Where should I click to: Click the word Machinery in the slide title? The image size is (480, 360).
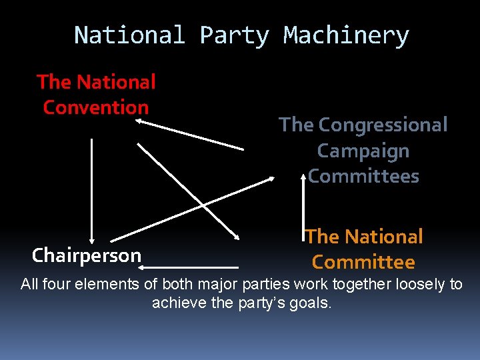[346, 35]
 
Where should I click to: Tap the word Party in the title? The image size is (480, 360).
[234, 35]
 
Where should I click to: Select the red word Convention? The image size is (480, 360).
[95, 107]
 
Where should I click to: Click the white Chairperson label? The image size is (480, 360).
[87, 255]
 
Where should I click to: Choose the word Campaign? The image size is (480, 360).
[363, 151]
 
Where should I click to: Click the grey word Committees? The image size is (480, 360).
[363, 176]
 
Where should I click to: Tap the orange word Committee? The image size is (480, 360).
[363, 262]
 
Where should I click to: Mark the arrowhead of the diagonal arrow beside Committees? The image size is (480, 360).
[271, 178]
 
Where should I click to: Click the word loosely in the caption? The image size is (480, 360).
[420, 285]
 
